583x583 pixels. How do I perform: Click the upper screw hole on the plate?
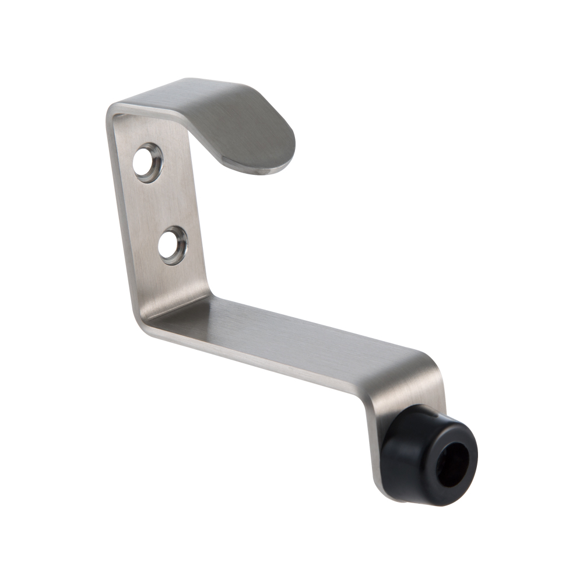146,162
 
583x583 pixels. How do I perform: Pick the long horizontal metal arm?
291,338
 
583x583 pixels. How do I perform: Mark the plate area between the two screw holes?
160,204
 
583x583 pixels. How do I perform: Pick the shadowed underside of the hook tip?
257,166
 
